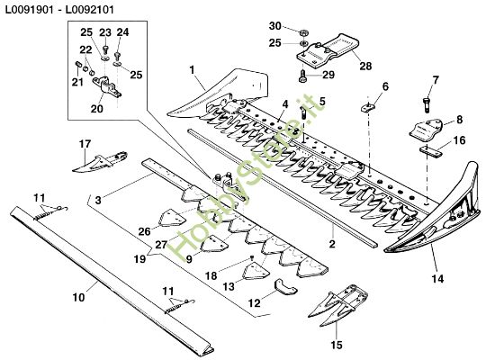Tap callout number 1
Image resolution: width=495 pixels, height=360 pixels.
(192, 68)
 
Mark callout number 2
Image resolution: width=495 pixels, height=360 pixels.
(331, 243)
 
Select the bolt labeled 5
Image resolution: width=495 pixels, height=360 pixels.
(305, 113)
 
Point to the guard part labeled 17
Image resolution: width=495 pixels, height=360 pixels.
(97, 162)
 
